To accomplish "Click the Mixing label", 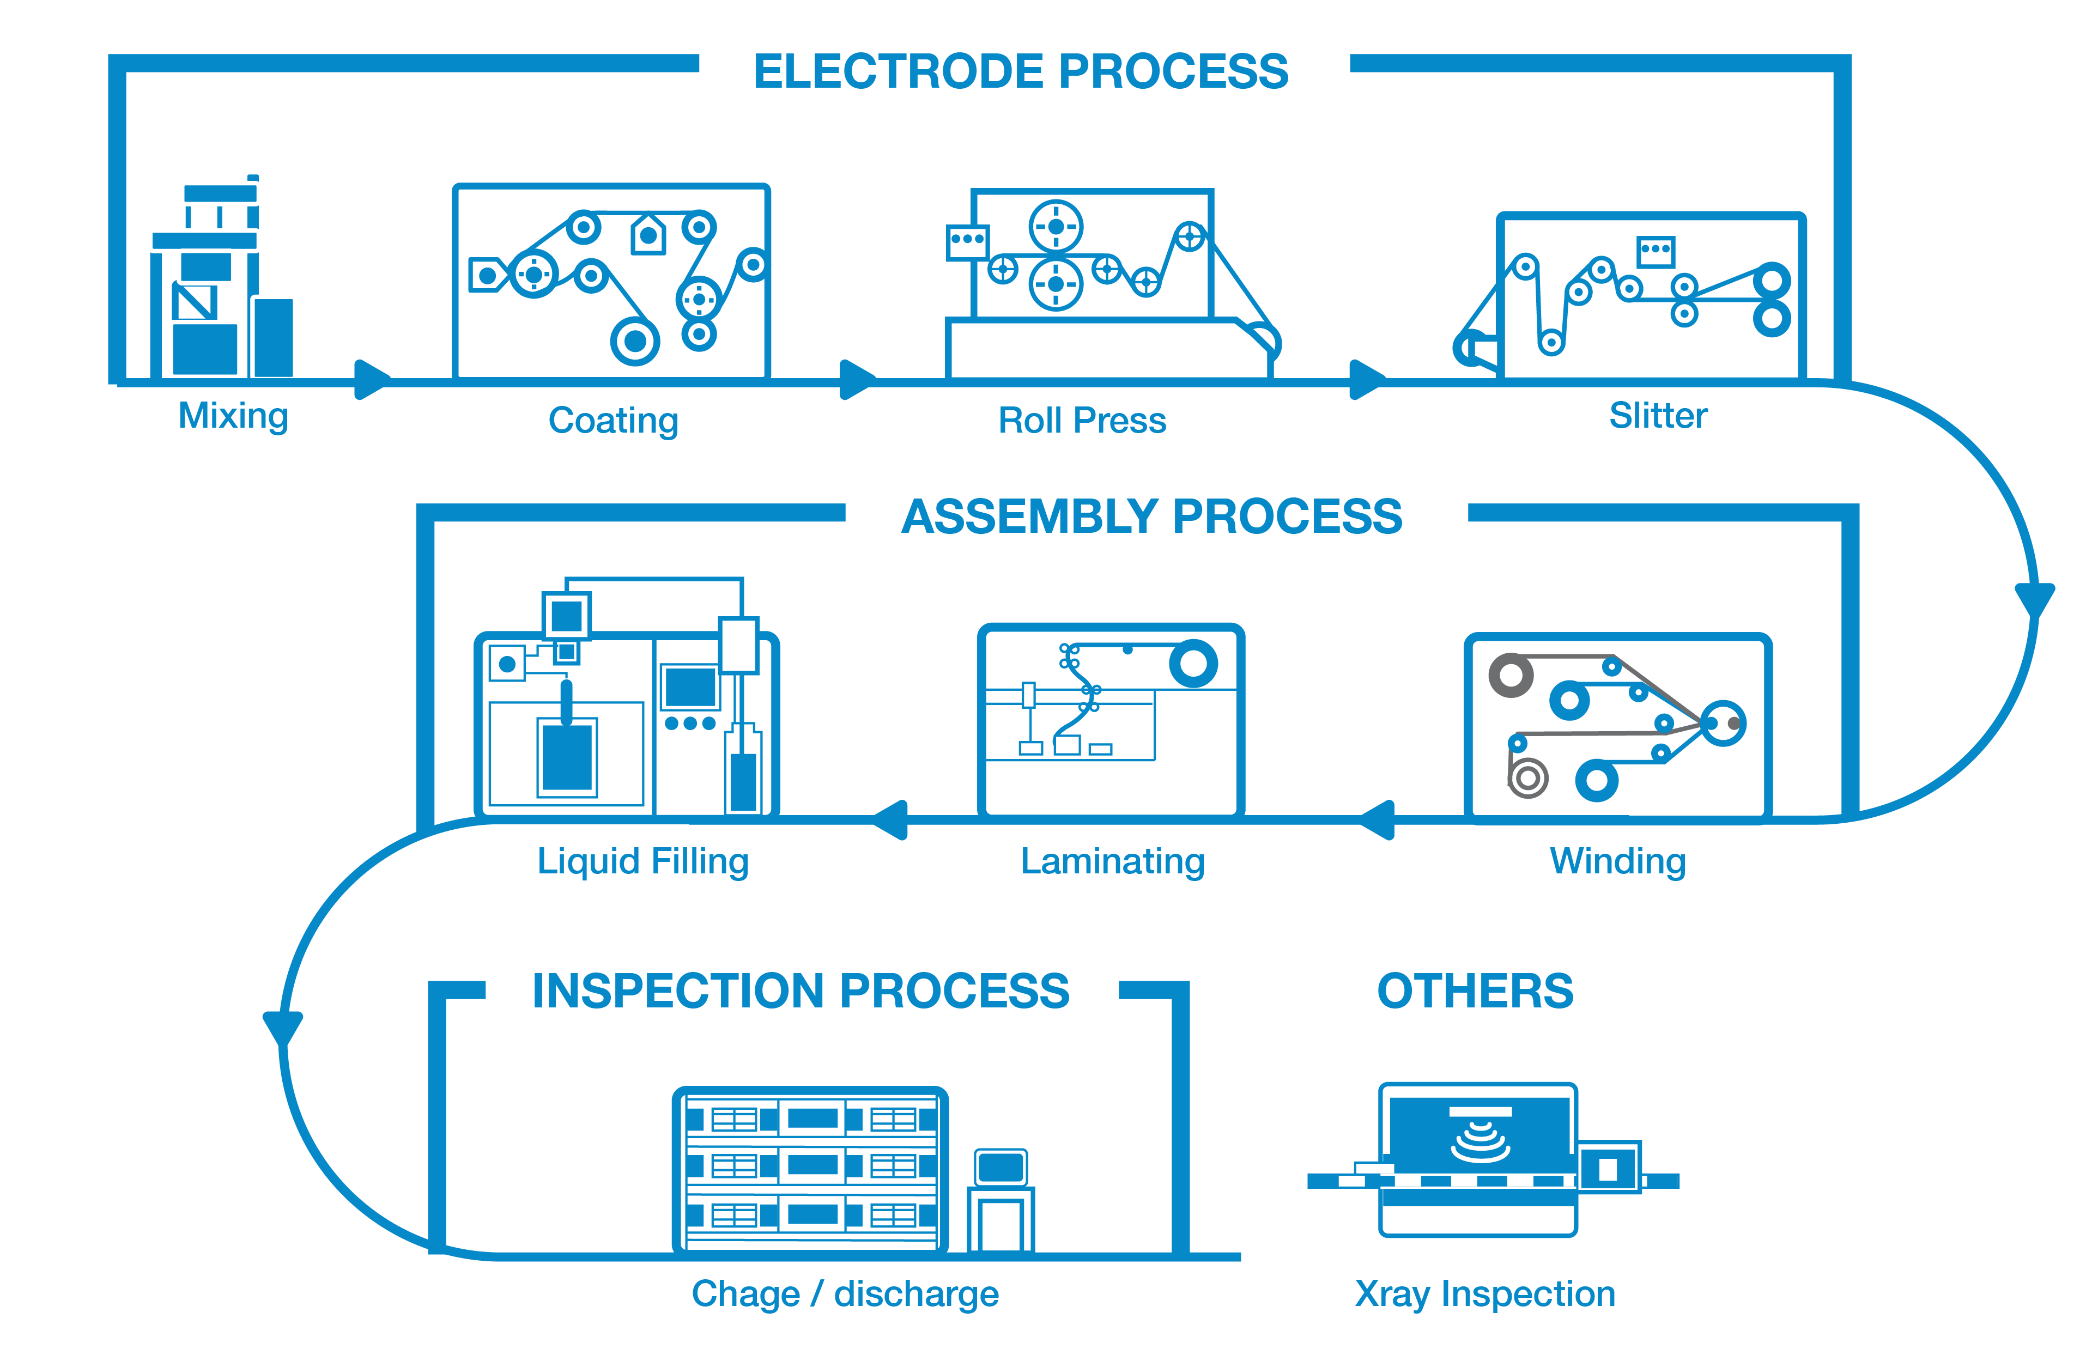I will pos(233,416).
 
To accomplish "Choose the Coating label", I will pos(614,421).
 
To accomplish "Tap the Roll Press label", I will pos(1082,421).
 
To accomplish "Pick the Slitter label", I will pos(1658,416).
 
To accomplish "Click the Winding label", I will pos(1617,861).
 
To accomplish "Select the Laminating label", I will pos(1112,861).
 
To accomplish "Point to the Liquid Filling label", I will pos(642,861).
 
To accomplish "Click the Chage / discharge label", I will pos(845,1294).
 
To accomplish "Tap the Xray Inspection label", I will pos(1484,1294).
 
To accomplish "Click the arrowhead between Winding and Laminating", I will pos(1377,820).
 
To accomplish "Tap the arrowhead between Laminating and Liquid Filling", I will pos(890,820).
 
